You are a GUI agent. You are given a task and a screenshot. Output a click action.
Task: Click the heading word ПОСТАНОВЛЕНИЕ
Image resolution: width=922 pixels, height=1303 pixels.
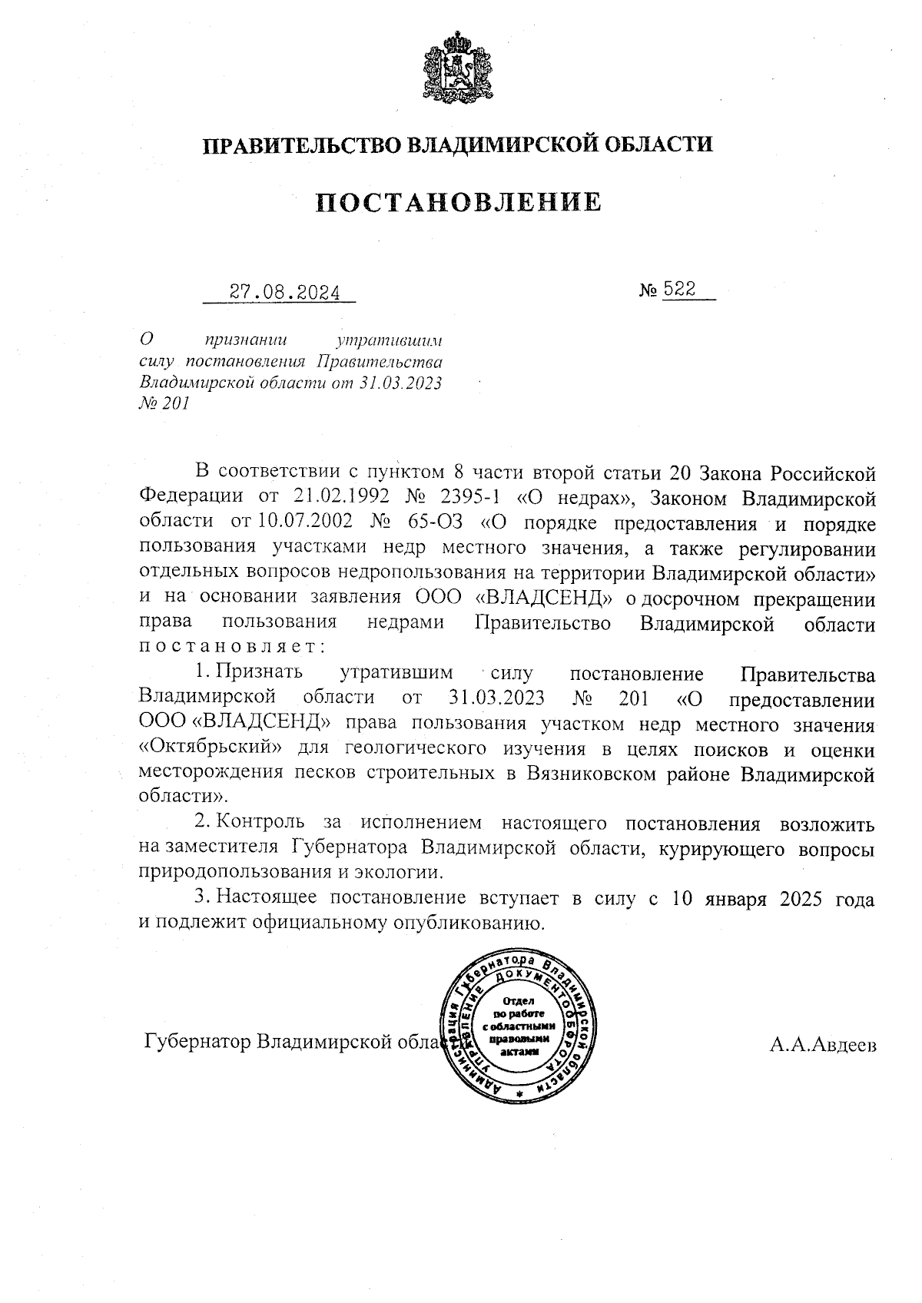click(x=459, y=202)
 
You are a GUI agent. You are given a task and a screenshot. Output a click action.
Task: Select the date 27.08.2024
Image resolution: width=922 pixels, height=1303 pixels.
click(x=285, y=291)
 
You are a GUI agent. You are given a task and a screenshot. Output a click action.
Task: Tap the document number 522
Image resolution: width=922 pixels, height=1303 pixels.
click(x=679, y=290)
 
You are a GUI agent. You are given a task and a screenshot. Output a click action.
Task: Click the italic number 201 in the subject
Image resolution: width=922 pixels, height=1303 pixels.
click(x=175, y=404)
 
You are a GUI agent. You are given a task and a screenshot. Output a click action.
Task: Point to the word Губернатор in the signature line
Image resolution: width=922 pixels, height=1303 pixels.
click(x=197, y=1043)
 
